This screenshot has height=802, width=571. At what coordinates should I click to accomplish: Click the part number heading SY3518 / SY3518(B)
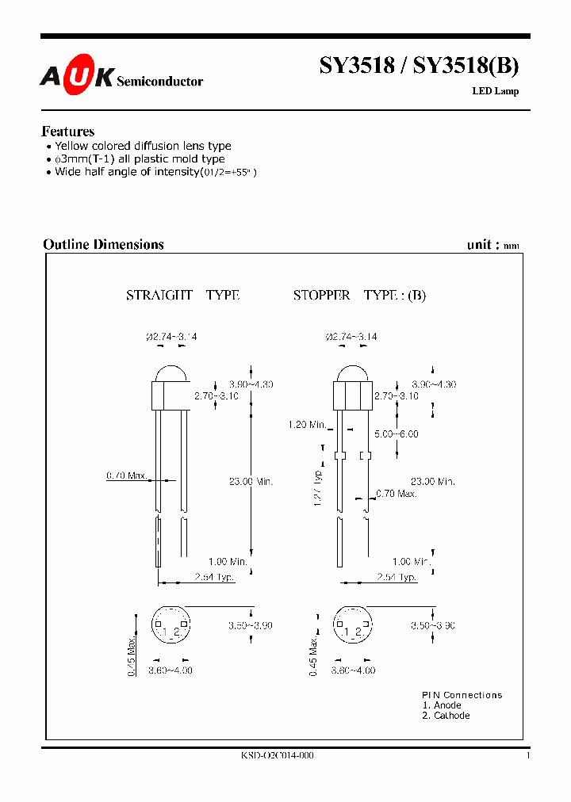tap(419, 67)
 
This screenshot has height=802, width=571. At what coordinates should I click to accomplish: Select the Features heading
tap(68, 132)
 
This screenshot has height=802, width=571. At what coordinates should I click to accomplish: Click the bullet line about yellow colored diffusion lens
tap(143, 146)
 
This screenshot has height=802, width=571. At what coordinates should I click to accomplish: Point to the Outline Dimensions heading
tap(103, 244)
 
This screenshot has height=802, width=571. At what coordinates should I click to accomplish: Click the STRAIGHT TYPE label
tap(182, 295)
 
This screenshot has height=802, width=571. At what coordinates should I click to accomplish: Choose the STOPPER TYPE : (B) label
tap(359, 295)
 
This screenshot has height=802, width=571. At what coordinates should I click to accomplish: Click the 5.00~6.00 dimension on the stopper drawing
tap(397, 433)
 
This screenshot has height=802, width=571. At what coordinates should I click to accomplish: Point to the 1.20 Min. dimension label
tap(308, 425)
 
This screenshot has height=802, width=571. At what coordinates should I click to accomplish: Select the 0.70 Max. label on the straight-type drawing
tap(127, 475)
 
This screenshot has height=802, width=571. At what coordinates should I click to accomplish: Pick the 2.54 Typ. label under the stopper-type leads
tap(397, 577)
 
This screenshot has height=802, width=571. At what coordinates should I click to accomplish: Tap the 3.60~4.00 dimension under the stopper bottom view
tap(353, 670)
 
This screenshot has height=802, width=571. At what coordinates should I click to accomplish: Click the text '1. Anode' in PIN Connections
tap(442, 705)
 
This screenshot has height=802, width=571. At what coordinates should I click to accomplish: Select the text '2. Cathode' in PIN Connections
tap(446, 716)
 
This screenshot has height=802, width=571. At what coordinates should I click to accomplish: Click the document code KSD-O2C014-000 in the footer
tap(277, 756)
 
